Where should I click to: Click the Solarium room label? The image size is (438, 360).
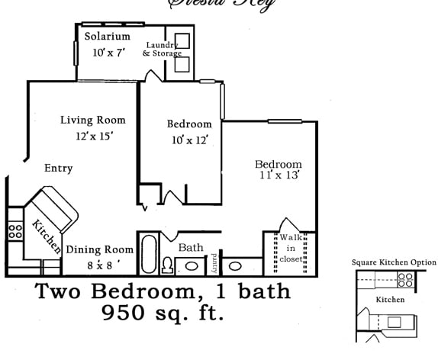click(107, 37)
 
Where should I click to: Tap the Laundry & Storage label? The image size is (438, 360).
click(162, 49)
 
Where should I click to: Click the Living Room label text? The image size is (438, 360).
click(93, 120)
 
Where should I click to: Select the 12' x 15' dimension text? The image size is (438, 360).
click(94, 136)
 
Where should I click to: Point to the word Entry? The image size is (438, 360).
click(59, 169)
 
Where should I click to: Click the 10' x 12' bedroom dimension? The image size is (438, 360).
click(189, 140)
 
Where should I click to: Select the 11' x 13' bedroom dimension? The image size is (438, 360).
click(279, 175)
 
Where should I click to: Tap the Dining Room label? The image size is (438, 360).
click(99, 249)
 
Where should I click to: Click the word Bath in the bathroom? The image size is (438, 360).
click(190, 248)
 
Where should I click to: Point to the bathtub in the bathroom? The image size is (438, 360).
click(147, 257)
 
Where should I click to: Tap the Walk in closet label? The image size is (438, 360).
click(291, 248)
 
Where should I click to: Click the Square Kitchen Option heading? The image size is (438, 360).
click(394, 262)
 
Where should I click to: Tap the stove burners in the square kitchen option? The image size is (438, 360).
click(405, 281)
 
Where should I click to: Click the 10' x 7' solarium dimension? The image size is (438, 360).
click(108, 53)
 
